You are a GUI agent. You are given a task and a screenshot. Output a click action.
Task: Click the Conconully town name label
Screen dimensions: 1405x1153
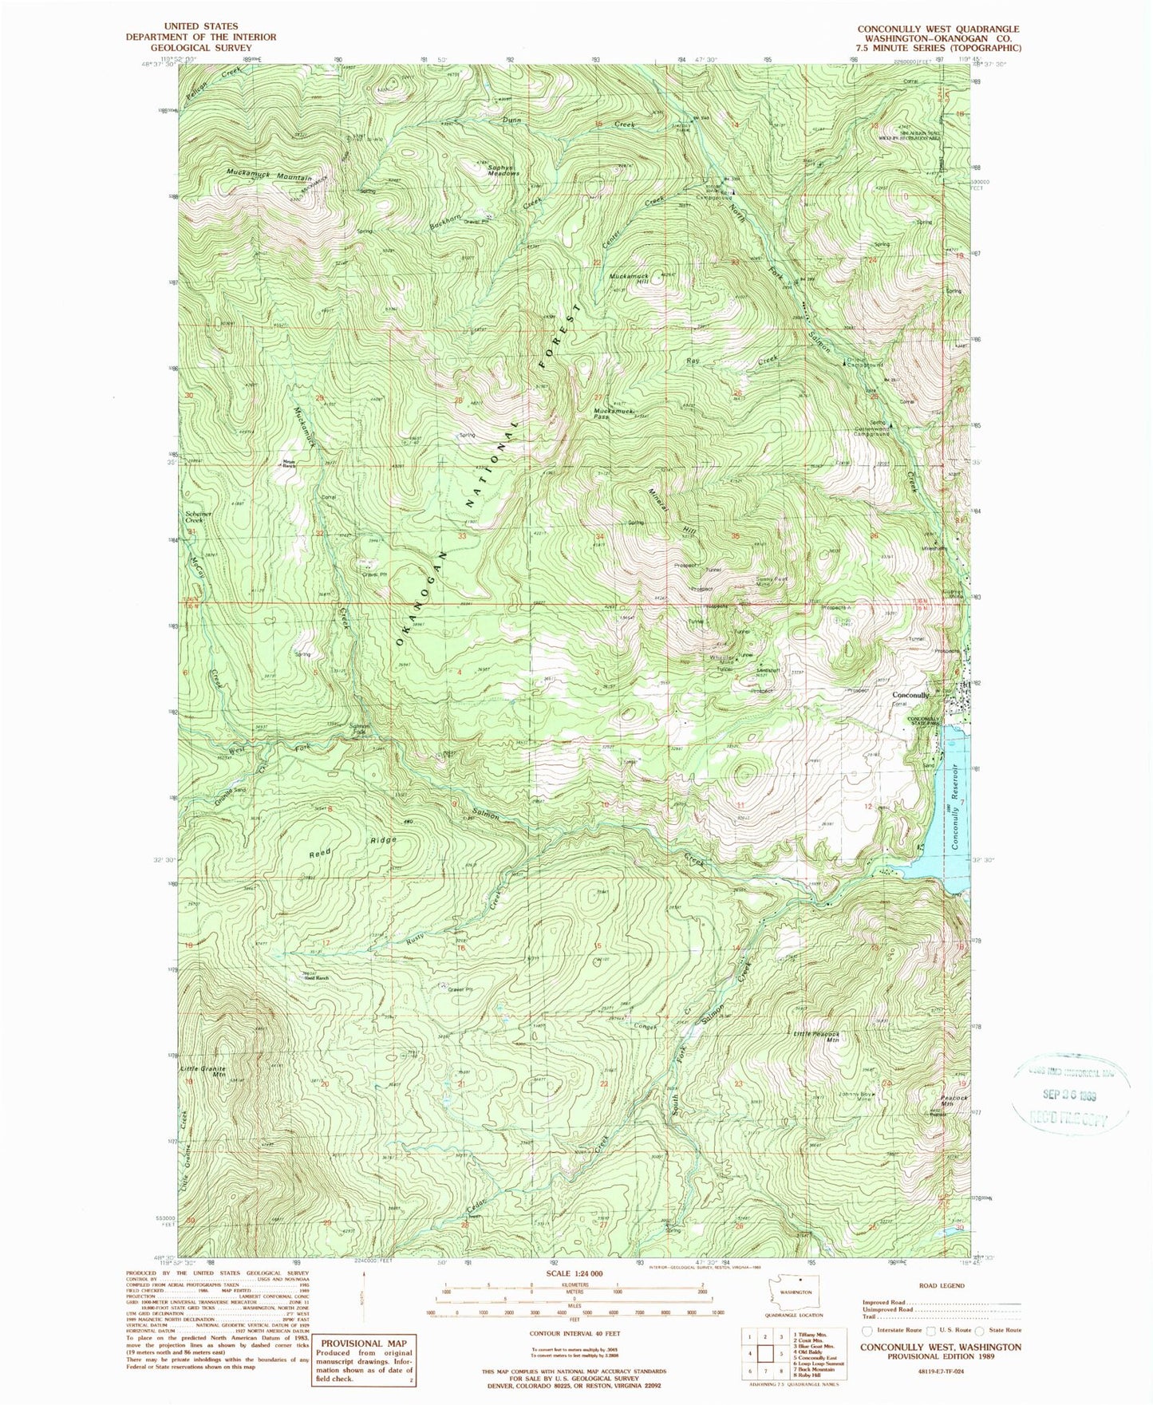click(910, 695)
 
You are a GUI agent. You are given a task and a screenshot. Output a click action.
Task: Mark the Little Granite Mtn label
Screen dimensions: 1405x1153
click(203, 1072)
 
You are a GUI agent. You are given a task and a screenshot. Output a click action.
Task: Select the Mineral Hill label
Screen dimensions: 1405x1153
click(672, 511)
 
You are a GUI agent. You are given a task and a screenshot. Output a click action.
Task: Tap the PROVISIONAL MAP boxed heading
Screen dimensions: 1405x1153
click(362, 1343)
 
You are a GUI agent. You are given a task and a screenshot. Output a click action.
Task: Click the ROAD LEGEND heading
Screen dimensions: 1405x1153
click(941, 1286)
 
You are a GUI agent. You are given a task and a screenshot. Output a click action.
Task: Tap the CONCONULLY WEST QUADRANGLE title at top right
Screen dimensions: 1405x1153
click(938, 29)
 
